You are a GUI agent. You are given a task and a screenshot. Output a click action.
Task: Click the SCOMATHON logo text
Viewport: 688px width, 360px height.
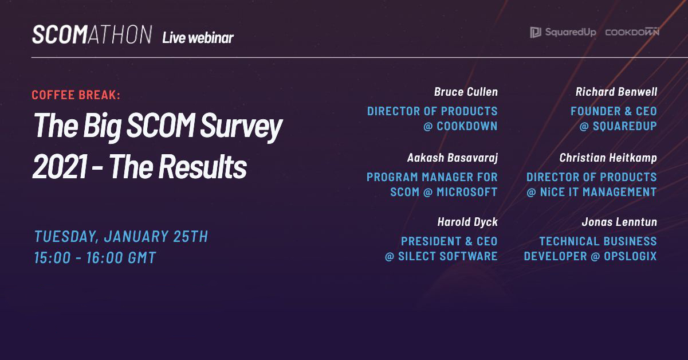pos(92,34)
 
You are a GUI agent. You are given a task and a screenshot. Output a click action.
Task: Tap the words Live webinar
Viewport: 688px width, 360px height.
pos(198,38)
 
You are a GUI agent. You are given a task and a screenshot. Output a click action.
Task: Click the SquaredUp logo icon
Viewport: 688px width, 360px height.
pos(536,32)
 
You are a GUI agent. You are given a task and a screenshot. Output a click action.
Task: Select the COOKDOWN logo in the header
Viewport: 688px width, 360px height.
pos(632,32)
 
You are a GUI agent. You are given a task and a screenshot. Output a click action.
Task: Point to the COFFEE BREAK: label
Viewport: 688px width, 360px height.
pos(76,95)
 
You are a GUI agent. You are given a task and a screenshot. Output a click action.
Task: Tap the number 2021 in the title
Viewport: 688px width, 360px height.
pos(60,166)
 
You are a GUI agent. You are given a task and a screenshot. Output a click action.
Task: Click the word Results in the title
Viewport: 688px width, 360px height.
pos(202,166)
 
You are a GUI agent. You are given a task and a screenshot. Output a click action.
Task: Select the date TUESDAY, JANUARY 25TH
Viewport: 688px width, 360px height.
pos(121,236)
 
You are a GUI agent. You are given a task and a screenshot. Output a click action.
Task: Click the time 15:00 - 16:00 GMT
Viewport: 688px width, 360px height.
pos(95,257)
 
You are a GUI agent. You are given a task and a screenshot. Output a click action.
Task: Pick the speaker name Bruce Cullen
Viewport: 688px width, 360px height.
pos(466,92)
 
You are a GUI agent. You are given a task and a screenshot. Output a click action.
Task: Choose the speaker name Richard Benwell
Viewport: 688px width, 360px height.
pos(616,92)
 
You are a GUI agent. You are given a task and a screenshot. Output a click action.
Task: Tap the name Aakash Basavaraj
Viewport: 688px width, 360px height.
pos(452,158)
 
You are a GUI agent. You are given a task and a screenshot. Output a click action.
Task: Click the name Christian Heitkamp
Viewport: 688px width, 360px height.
pos(608,158)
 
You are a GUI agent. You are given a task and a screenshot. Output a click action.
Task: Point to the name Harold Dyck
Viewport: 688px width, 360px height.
pos(467,222)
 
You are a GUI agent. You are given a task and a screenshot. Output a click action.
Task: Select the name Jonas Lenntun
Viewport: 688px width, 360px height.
pos(619,222)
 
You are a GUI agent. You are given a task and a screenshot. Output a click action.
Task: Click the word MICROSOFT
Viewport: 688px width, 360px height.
pos(467,192)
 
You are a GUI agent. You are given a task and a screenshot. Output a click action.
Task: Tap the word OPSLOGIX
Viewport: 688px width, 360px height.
pos(630,256)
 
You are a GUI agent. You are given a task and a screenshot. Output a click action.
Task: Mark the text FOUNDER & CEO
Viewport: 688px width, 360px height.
pos(614,111)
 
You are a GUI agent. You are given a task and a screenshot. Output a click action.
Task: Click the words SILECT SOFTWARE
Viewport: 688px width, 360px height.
pos(448,256)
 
